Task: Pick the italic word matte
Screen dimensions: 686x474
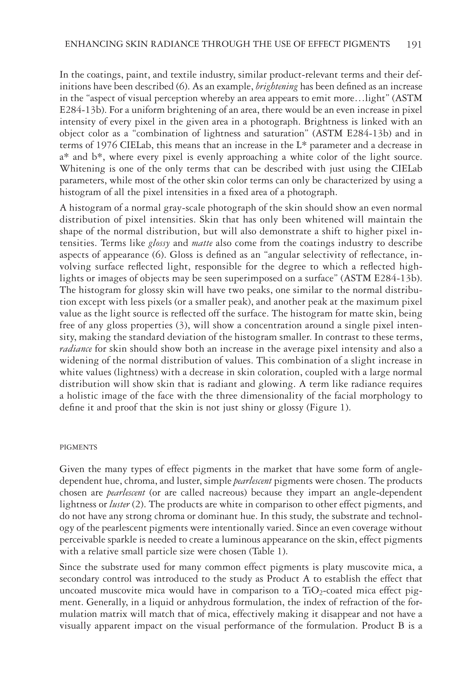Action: click(202, 244)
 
